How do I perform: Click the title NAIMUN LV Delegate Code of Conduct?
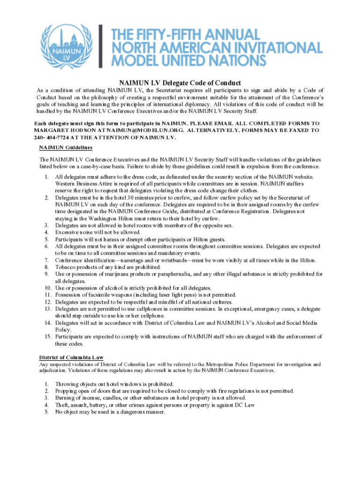180,82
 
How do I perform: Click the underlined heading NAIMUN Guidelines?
66,148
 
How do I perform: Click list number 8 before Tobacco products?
47,267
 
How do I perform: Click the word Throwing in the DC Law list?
68,384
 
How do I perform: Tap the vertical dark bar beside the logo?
101,45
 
